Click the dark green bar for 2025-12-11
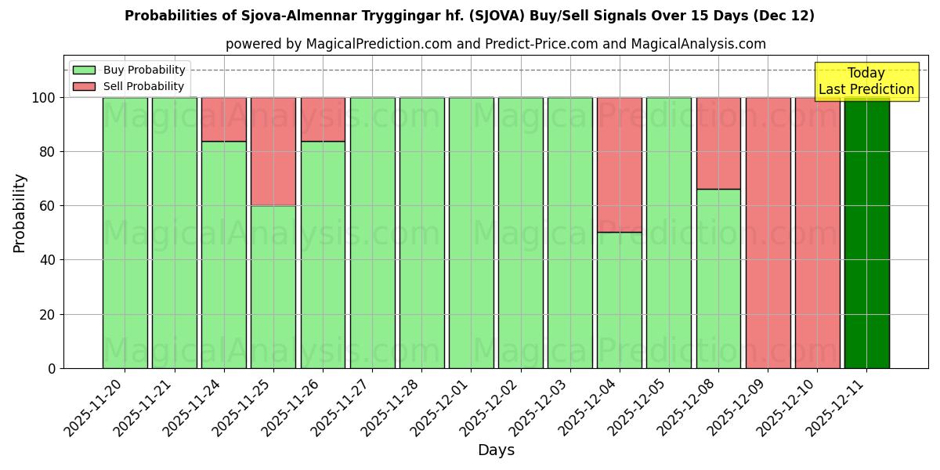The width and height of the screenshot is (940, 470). point(866,233)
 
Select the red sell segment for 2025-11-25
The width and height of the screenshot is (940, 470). point(273,152)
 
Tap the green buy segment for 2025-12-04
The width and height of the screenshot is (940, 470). point(620,300)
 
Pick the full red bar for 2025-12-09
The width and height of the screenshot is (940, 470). point(768,233)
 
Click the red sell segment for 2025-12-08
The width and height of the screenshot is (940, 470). point(718,143)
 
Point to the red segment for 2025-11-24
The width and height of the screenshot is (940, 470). point(224,119)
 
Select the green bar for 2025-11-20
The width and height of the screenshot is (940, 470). point(125,233)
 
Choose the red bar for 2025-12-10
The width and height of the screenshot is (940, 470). point(817,233)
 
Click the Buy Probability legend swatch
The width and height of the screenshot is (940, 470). point(84,70)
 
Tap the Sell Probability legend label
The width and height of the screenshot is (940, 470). point(143,86)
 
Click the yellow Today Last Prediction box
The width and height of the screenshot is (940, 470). point(866,81)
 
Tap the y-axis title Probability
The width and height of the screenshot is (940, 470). point(20,213)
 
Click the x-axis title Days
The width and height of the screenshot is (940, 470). point(496,450)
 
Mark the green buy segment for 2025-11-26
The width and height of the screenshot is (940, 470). point(323,255)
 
